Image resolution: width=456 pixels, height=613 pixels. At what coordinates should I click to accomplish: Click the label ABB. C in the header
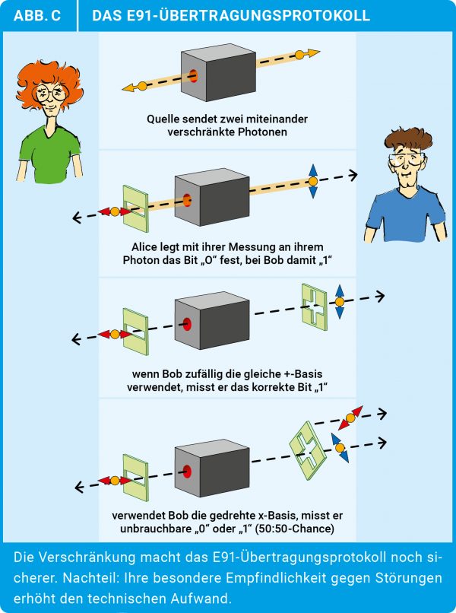pos(37,15)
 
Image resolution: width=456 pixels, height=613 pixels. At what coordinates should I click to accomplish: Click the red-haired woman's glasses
pos(51,93)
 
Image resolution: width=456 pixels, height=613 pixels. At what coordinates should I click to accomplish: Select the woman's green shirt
pos(49,152)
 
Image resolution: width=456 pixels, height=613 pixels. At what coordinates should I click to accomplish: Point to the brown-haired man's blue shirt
pos(405,212)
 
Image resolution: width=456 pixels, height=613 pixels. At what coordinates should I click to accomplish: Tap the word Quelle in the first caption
pos(162,119)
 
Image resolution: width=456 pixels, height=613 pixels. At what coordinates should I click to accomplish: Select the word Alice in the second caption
pos(144,247)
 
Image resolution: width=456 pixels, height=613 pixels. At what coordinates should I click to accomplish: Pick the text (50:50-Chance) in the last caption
pos(295,529)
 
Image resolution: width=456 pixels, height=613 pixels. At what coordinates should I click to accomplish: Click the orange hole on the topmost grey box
pos(193,76)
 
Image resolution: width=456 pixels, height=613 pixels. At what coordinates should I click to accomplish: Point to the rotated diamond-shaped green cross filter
pos(308,450)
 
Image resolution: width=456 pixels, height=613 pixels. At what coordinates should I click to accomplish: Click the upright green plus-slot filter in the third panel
pos(315,307)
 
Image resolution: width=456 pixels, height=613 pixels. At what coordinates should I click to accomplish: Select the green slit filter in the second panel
pos(135,209)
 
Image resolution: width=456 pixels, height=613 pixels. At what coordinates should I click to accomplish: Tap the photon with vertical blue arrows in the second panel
pos(313,181)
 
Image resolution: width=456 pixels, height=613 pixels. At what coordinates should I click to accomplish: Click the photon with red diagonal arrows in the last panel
pos(350,418)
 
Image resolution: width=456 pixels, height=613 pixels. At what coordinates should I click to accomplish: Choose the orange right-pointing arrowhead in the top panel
pos(314,52)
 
